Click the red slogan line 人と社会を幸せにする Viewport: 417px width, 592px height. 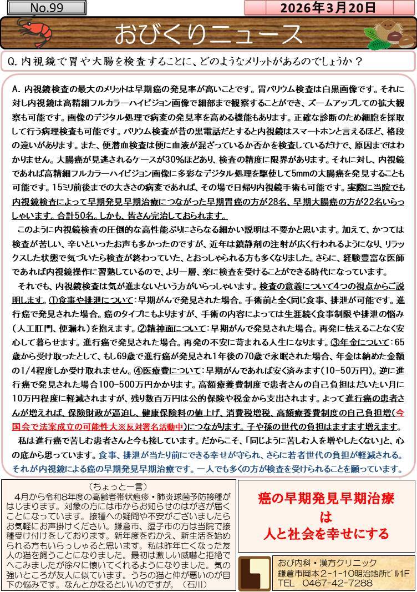click(x=326, y=534)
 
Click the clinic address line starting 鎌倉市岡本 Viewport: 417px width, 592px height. click(x=343, y=573)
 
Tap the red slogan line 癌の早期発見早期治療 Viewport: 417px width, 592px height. click(x=326, y=499)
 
